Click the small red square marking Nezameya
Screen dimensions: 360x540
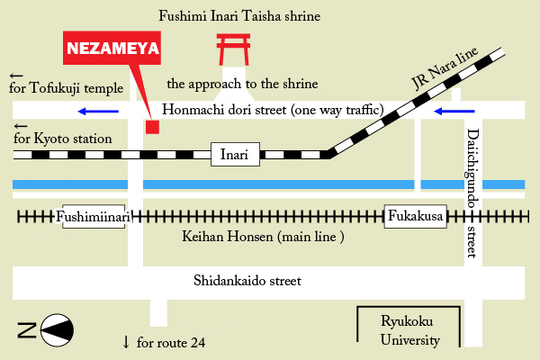coord(152,126)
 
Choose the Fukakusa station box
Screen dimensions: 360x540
coord(417,217)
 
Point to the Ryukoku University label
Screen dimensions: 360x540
coord(410,332)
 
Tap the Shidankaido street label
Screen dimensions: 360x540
coord(247,281)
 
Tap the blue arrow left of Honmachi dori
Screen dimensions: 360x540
coord(97,112)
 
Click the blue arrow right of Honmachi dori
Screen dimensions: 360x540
coord(453,112)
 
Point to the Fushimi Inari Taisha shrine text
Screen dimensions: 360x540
coord(239,16)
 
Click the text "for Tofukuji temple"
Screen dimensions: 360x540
coord(65,88)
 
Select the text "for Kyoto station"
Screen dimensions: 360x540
coord(63,139)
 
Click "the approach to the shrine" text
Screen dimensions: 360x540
coord(243,85)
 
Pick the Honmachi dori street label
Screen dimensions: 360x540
coord(274,111)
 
